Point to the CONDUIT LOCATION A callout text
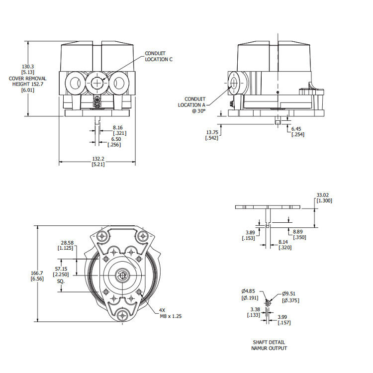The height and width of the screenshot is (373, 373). [x=191, y=102]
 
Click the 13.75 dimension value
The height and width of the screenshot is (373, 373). [x=212, y=132]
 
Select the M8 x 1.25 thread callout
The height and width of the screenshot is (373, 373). [x=171, y=316]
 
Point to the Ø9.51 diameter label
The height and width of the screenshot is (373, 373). [x=290, y=294]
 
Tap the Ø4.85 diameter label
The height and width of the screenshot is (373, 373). [x=249, y=291]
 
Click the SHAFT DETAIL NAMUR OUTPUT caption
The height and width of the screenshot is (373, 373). [x=269, y=345]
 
